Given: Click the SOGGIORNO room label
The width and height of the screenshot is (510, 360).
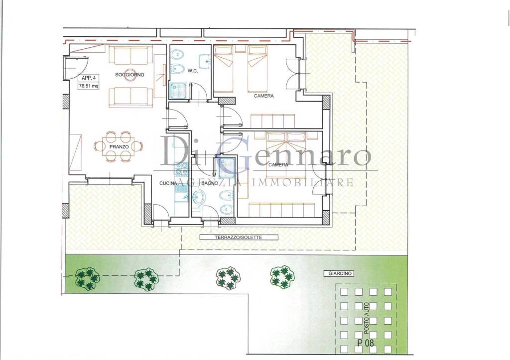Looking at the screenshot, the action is (x=129, y=75).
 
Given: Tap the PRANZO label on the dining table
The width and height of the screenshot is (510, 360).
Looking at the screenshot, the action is (x=119, y=147).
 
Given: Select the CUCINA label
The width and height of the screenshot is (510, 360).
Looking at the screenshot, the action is (x=168, y=183).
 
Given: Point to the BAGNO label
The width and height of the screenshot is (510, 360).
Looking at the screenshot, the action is (x=210, y=183).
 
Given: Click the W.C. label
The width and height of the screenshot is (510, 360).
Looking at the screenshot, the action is (x=193, y=71).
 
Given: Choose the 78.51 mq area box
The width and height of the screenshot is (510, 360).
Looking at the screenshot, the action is (x=88, y=86).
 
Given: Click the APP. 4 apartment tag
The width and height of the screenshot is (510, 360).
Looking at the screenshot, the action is (x=89, y=78).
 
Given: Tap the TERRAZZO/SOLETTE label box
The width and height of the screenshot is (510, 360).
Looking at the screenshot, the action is (x=239, y=238).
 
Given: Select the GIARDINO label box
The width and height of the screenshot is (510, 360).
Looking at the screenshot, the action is (x=340, y=274).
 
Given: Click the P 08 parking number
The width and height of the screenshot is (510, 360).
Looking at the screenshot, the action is (x=365, y=343).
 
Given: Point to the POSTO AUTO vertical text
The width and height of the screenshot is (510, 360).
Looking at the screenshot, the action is (x=367, y=318).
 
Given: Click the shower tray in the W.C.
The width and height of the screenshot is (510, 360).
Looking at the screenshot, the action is (x=178, y=90).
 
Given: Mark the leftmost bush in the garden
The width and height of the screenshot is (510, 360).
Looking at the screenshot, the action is (x=87, y=278).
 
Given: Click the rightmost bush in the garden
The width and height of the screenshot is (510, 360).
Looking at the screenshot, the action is (x=282, y=277).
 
